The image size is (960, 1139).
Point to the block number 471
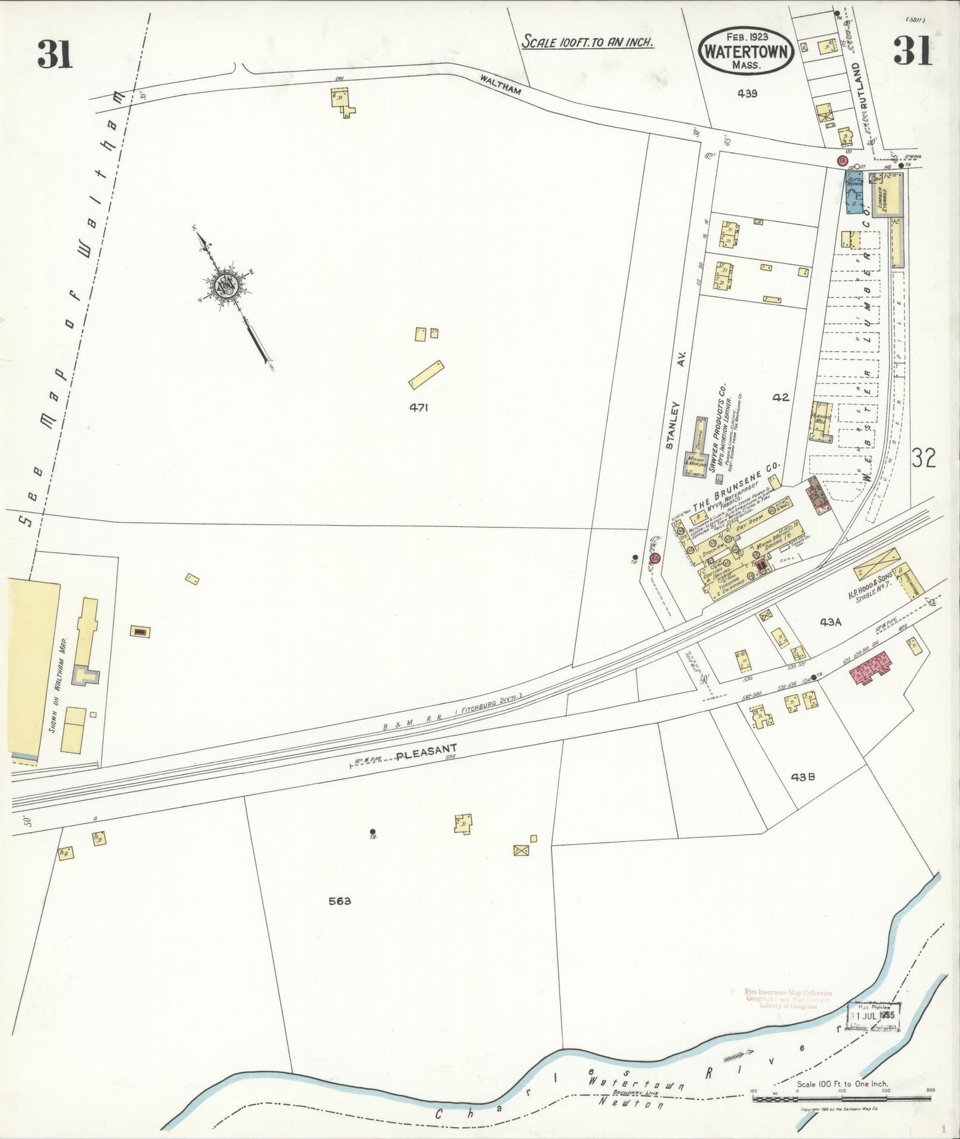pos(419,408)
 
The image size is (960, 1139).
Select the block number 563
pos(339,902)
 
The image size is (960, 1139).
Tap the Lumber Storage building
pos(884,195)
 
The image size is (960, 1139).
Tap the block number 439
pos(747,94)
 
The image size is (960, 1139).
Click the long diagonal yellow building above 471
pos(426,374)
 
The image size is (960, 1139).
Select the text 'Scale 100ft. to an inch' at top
pos(588,41)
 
